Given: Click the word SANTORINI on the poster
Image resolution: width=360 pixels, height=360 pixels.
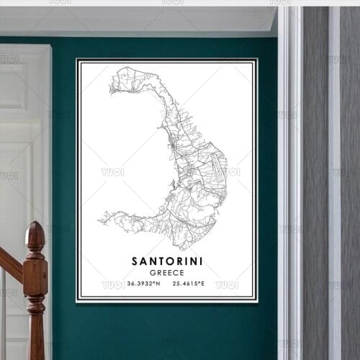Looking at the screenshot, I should point(167,260).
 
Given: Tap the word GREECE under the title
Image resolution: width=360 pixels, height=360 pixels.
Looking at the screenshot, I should point(167,272).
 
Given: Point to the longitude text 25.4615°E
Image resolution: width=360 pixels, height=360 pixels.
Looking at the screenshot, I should point(189,284).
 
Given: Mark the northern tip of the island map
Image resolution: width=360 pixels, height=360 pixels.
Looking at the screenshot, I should point(122,69).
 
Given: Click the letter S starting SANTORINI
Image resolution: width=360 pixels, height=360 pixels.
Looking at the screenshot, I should point(135,260).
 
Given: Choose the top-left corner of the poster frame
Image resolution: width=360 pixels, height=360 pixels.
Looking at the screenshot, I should point(77,60).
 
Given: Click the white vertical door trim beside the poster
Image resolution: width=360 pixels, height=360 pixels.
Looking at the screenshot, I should point(290,180).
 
